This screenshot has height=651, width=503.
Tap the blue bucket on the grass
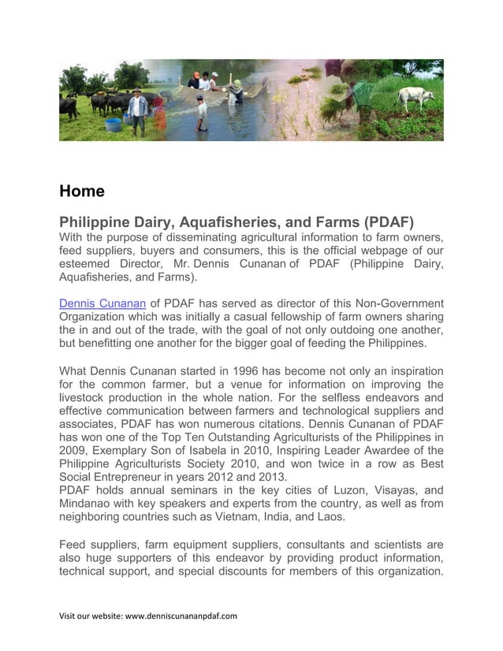coord(113,125)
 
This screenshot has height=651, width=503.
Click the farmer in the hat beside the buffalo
coord(138,111)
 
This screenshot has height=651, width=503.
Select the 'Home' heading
coord(82,191)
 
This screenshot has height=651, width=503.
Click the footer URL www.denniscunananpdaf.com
coord(181,616)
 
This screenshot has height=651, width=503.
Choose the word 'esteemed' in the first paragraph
coord(85,264)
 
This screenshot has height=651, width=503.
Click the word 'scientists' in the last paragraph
coord(392,545)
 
